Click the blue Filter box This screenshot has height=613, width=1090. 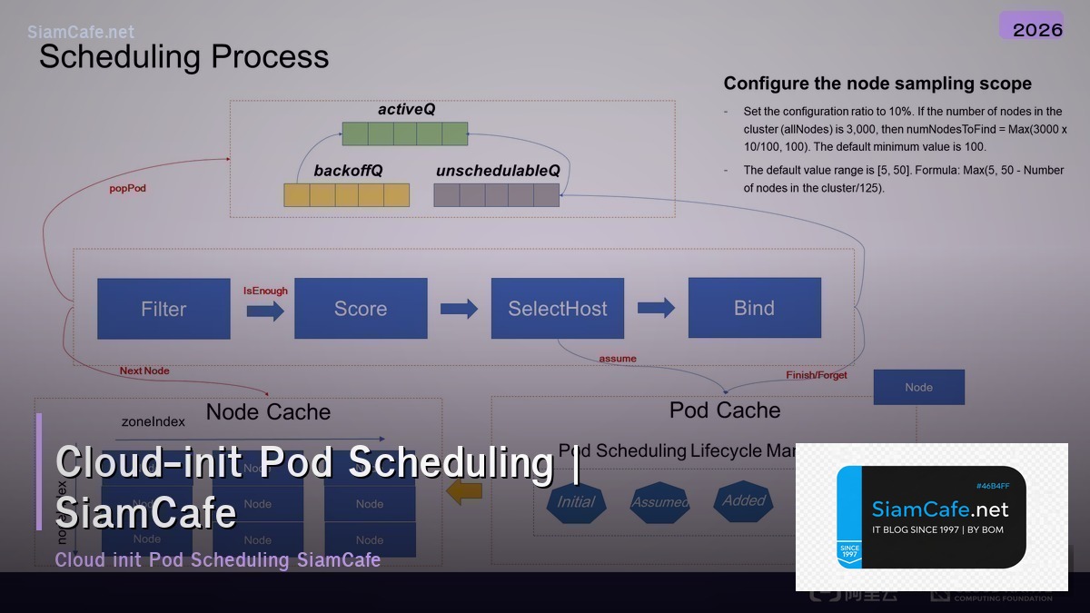click(x=163, y=309)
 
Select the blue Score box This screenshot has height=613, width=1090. click(x=361, y=309)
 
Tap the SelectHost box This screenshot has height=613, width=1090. click(x=558, y=309)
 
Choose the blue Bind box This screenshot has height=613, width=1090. click(x=754, y=308)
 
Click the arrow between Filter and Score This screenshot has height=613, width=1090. click(x=265, y=311)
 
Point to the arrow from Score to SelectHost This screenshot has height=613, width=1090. click(x=459, y=309)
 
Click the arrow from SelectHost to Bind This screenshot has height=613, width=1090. click(x=656, y=308)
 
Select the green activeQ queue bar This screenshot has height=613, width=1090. click(x=405, y=133)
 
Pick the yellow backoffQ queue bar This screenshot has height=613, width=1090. click(x=346, y=195)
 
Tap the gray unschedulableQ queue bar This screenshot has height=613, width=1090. click(x=496, y=195)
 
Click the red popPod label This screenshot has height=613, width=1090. click(x=127, y=189)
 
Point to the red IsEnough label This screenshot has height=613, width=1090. click(x=265, y=291)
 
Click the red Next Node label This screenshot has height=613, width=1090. click(x=144, y=371)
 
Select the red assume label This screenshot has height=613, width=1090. click(x=618, y=359)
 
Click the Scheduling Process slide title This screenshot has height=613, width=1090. click(x=183, y=56)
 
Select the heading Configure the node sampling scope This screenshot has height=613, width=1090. click(x=877, y=84)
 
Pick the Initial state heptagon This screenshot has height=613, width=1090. click(x=576, y=501)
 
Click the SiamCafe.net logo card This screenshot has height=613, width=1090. click(x=931, y=517)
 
